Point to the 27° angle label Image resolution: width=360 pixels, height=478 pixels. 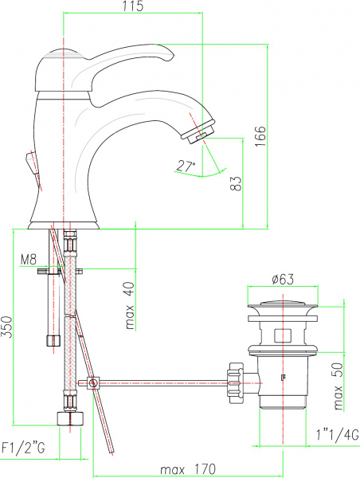click(x=186, y=166)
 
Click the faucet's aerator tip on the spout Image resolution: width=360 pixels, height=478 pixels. click(x=201, y=132)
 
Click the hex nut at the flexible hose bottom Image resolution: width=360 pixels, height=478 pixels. click(x=68, y=419)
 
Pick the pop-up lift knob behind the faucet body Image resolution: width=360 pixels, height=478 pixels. click(x=30, y=167)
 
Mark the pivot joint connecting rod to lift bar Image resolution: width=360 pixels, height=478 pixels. click(x=94, y=384)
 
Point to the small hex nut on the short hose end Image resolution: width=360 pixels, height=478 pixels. click(x=53, y=340)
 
